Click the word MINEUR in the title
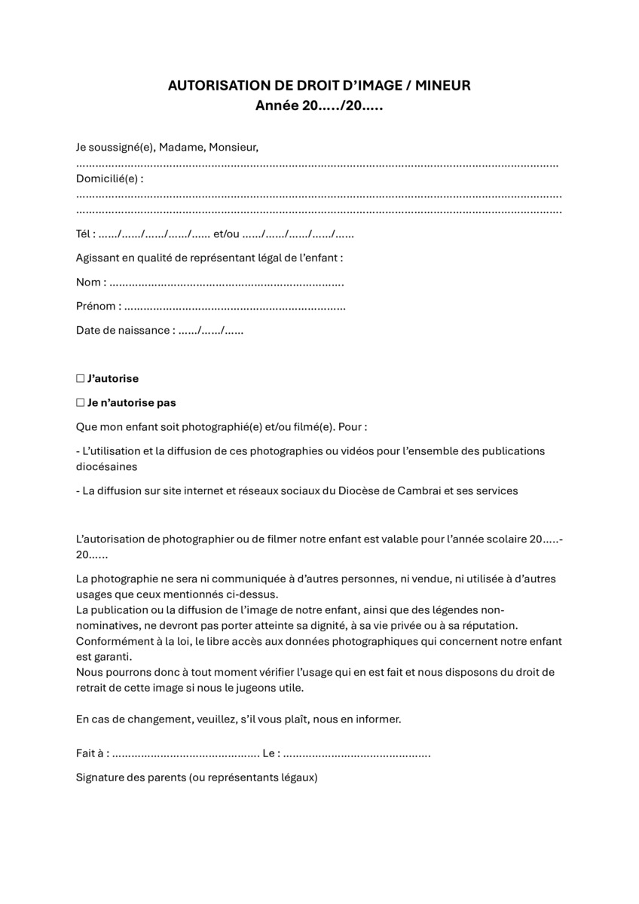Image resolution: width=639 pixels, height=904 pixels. (443, 86)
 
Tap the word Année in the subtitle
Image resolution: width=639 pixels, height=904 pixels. (277, 106)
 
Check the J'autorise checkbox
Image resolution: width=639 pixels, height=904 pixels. (80, 379)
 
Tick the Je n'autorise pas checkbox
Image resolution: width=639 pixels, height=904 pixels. (80, 403)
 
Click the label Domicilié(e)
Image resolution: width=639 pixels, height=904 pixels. (108, 179)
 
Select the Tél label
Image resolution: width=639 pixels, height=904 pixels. (84, 234)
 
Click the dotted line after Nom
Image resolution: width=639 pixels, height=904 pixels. (226, 283)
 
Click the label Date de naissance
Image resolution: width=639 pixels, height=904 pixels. (124, 331)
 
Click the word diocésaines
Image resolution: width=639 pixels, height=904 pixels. (106, 466)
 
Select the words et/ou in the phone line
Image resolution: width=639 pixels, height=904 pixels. (226, 234)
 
